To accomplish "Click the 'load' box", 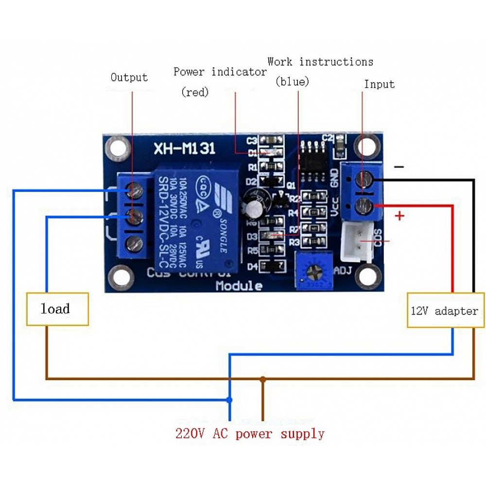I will pos(57,309).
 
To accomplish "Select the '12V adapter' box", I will pos(445,311).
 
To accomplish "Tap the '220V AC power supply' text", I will pos(250,433).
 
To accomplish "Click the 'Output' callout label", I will pos(129,77).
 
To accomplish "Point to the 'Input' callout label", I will pos(379,84).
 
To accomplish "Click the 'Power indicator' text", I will pos(220,72).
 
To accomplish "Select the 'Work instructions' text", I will pos(320,62).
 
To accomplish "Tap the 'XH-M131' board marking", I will pos(184,148).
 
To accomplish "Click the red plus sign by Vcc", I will pos(399,215).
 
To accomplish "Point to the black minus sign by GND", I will pos(399,167).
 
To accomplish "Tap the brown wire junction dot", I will pos(263,379).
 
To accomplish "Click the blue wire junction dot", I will pos(229,400).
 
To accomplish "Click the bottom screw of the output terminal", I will pos(134,243).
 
